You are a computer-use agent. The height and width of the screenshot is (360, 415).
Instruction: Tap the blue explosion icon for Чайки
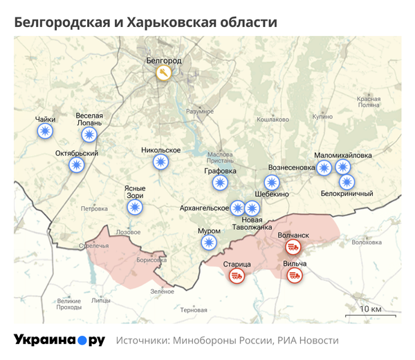click(x=46, y=132)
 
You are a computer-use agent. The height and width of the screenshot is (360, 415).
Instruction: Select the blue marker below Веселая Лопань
click(x=89, y=134)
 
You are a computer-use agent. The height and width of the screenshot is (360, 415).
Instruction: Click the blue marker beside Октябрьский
click(x=76, y=165)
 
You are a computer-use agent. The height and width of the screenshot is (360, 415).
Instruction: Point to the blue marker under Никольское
click(x=160, y=162)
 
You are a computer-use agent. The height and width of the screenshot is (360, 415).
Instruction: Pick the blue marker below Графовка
click(x=220, y=183)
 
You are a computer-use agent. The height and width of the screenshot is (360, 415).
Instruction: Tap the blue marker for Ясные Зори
click(x=136, y=206)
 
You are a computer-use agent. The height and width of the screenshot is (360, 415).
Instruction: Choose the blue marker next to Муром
click(x=209, y=242)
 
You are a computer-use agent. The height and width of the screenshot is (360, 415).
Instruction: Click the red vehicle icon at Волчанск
click(x=293, y=247)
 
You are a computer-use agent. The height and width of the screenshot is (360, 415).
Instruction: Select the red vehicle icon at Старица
click(x=237, y=276)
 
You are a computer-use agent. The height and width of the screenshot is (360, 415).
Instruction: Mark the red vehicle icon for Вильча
click(x=295, y=276)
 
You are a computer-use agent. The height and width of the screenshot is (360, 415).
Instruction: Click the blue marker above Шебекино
click(x=274, y=183)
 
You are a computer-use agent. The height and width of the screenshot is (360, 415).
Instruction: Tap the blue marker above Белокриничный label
click(x=347, y=182)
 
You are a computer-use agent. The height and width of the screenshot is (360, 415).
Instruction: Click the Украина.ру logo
click(x=59, y=340)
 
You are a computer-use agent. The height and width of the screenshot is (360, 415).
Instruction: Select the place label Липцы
click(x=100, y=301)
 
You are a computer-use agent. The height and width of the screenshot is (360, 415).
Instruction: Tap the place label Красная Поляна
click(x=369, y=102)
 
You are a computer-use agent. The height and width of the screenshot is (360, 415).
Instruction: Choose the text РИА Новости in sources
click(x=308, y=341)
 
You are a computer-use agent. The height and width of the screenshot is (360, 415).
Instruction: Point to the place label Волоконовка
click(x=367, y=242)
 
